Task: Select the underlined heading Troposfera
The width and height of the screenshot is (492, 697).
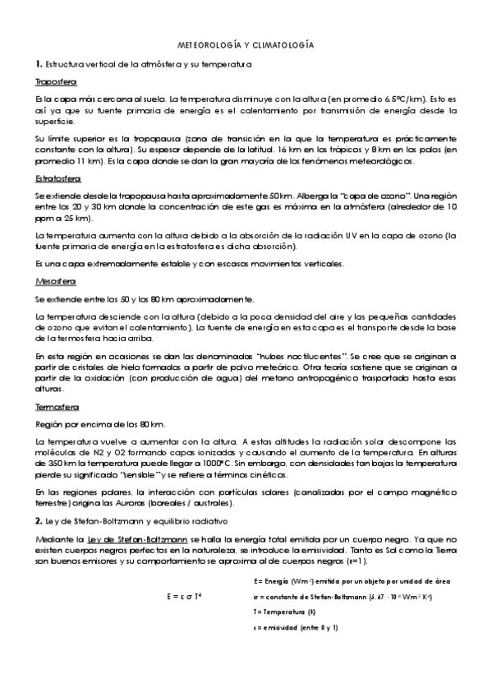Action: pyautogui.click(x=56, y=82)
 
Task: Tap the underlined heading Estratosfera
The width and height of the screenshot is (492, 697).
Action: pyautogui.click(x=58, y=178)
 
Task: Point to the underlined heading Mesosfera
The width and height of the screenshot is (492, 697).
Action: pyautogui.click(x=55, y=281)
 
